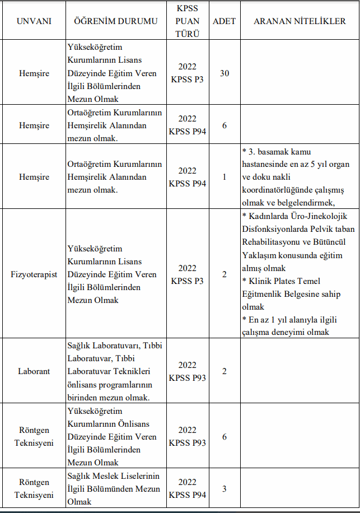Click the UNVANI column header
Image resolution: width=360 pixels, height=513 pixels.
tap(34, 21)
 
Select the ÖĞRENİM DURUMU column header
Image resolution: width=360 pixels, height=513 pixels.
tap(116, 21)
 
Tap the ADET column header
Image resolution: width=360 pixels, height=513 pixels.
tap(224, 21)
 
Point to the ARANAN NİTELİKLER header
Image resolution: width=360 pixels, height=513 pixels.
tap(300, 21)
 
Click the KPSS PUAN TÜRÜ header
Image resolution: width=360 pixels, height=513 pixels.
tap(187, 21)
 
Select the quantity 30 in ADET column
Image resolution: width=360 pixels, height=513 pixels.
tap(224, 73)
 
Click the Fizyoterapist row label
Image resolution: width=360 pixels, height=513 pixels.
tap(34, 274)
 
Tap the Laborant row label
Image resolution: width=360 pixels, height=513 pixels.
tap(34, 371)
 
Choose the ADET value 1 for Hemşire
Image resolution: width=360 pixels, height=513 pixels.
tap(224, 177)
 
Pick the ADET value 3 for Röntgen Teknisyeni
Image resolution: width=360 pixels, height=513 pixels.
tap(224, 489)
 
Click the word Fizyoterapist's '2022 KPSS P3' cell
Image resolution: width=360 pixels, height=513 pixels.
tap(187, 274)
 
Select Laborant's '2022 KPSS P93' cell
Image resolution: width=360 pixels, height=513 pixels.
tap(187, 371)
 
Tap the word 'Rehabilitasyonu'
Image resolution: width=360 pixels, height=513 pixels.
tap(270, 242)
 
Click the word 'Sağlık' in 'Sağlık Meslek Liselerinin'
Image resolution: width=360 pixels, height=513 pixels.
tap(79, 476)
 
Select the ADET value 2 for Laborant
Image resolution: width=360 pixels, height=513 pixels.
tap(224, 371)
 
